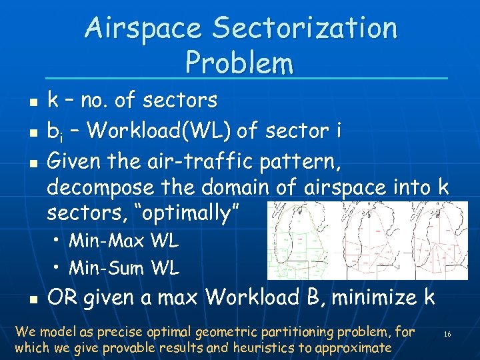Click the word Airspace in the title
coord(142,29)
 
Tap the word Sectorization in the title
coord(305,29)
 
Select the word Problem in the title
coord(239,63)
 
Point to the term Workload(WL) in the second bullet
coord(159,130)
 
